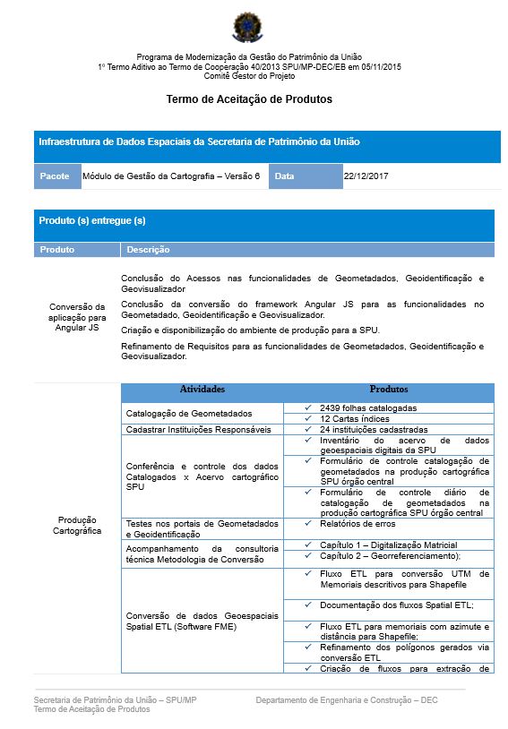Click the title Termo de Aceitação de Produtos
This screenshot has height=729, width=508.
point(249,99)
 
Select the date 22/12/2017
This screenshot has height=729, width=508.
point(366,176)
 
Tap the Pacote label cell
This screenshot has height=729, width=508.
point(55,176)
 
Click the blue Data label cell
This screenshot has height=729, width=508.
point(284,176)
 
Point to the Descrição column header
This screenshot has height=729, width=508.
point(148,250)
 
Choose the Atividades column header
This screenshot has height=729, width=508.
point(202,390)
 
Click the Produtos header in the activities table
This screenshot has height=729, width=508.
point(389,390)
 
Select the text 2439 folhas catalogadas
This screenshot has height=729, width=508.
point(368,407)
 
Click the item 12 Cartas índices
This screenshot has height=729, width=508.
point(354,418)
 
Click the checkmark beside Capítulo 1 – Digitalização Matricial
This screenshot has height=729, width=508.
point(307,545)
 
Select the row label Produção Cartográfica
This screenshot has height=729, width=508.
point(77,525)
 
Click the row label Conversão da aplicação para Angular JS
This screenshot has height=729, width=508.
point(77,317)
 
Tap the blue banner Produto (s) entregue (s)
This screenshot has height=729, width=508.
point(92,220)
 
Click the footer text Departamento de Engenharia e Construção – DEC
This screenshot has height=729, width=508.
point(346,699)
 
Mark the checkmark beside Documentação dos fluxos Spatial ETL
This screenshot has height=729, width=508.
point(307,605)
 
